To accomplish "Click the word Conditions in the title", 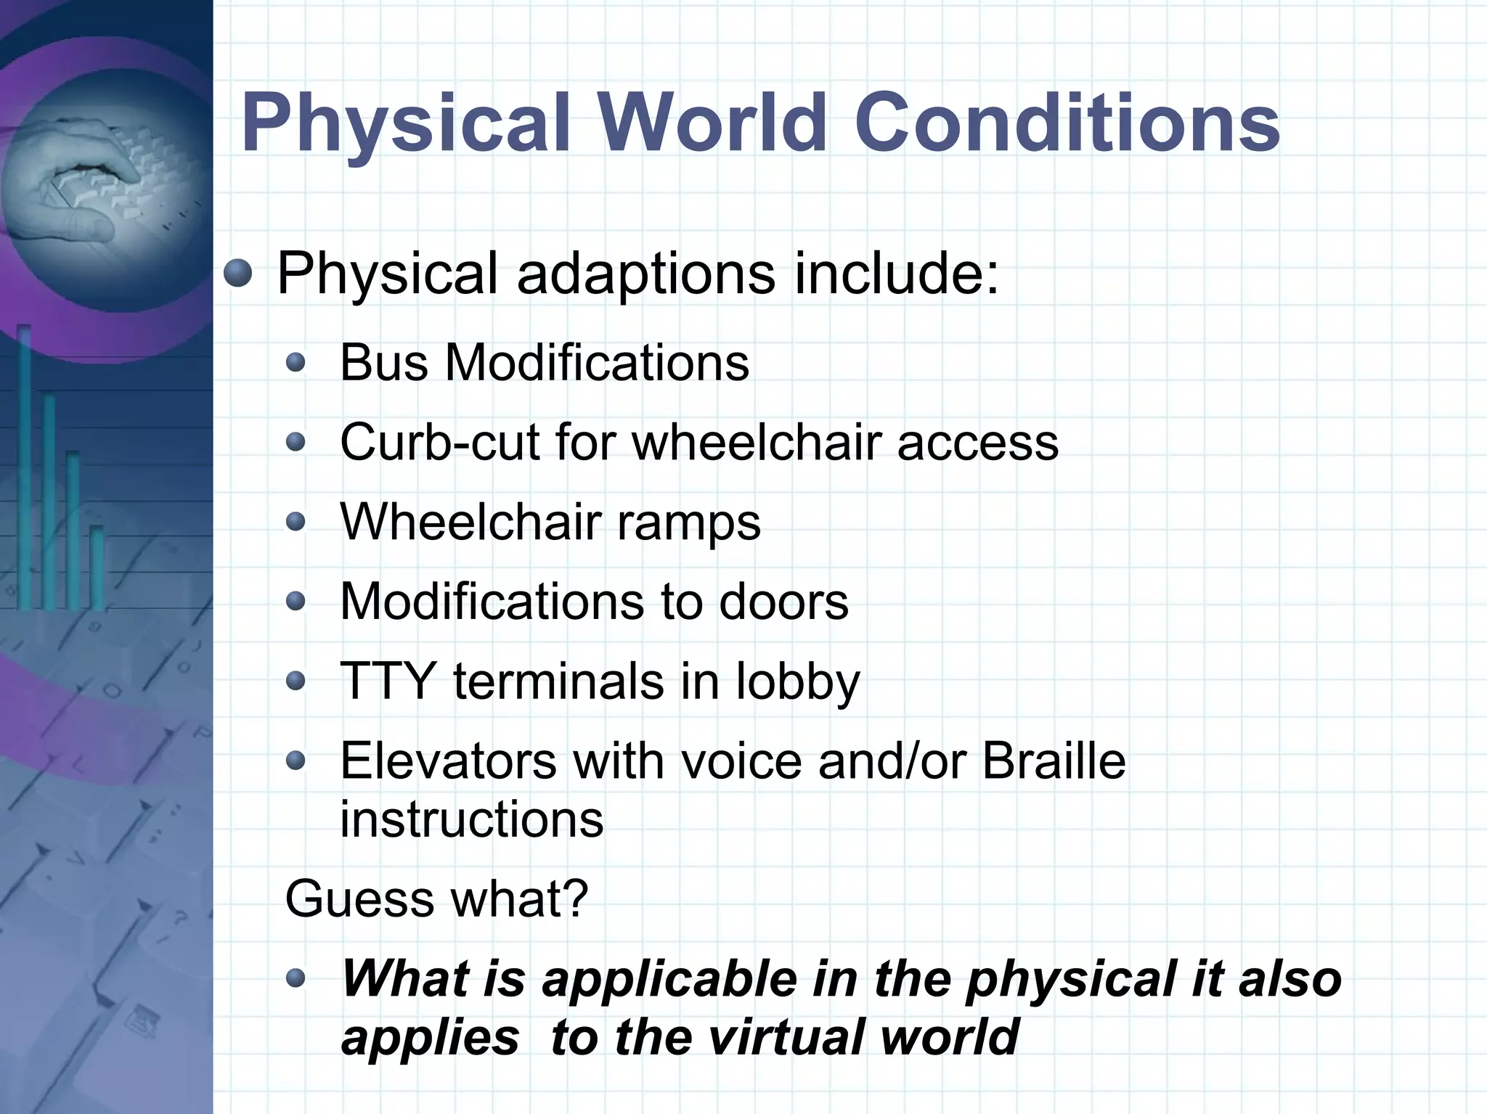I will (x=1067, y=123).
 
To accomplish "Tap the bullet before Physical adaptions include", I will (x=237, y=274).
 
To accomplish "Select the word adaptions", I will (x=645, y=274).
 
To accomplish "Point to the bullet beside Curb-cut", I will (x=296, y=442).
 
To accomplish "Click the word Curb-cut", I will (x=439, y=442).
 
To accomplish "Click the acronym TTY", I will (x=388, y=681).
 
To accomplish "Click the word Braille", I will (x=1054, y=761).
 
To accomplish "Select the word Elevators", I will (x=447, y=761).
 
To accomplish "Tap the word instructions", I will (x=472, y=819).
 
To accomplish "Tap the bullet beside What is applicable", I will (x=296, y=979).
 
